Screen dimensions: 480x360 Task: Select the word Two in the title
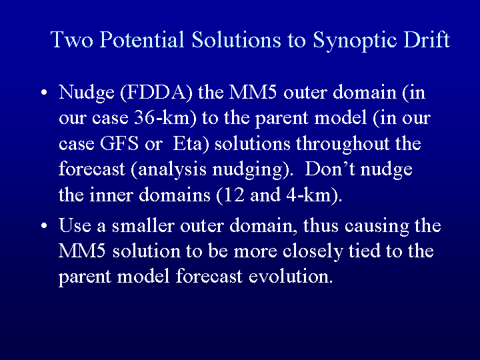(x=71, y=39)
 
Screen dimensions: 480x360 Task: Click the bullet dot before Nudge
(x=44, y=92)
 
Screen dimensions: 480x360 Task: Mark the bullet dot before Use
(x=44, y=225)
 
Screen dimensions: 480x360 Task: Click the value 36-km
(x=162, y=118)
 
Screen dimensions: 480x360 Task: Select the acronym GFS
(x=119, y=143)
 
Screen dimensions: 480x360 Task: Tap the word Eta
(x=187, y=143)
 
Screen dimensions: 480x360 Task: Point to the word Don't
(x=330, y=169)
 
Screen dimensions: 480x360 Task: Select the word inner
(x=111, y=195)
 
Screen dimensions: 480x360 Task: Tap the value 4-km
(x=309, y=195)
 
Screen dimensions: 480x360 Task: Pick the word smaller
(x=143, y=225)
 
